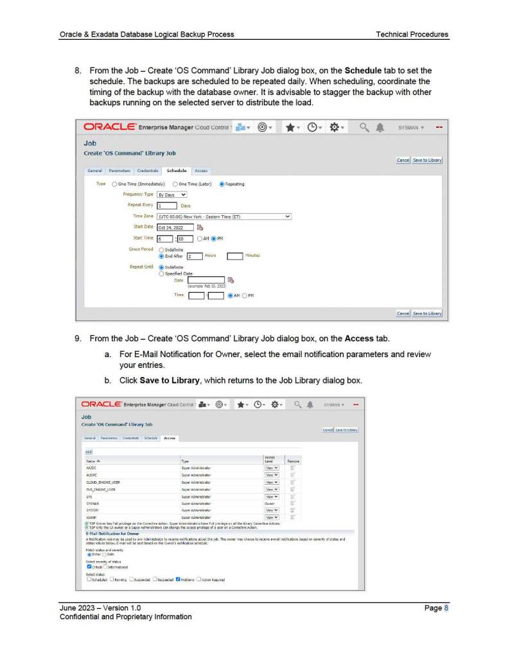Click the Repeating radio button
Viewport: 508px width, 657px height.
222,184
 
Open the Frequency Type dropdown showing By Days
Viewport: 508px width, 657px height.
172,194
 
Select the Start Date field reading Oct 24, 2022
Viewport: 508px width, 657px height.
175,227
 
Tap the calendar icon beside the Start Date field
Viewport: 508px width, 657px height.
200,227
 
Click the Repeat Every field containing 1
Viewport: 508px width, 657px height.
166,206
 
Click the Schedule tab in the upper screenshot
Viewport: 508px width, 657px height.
176,171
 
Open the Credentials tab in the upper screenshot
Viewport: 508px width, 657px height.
148,171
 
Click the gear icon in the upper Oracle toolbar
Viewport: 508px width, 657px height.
335,127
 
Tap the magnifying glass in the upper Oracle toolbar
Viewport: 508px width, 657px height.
363,127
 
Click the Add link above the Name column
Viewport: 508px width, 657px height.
89,452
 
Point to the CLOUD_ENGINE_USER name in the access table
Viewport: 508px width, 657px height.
103,482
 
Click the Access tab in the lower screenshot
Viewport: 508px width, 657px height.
170,438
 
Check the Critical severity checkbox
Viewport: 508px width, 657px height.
89,566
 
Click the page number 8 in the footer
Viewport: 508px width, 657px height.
446,608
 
